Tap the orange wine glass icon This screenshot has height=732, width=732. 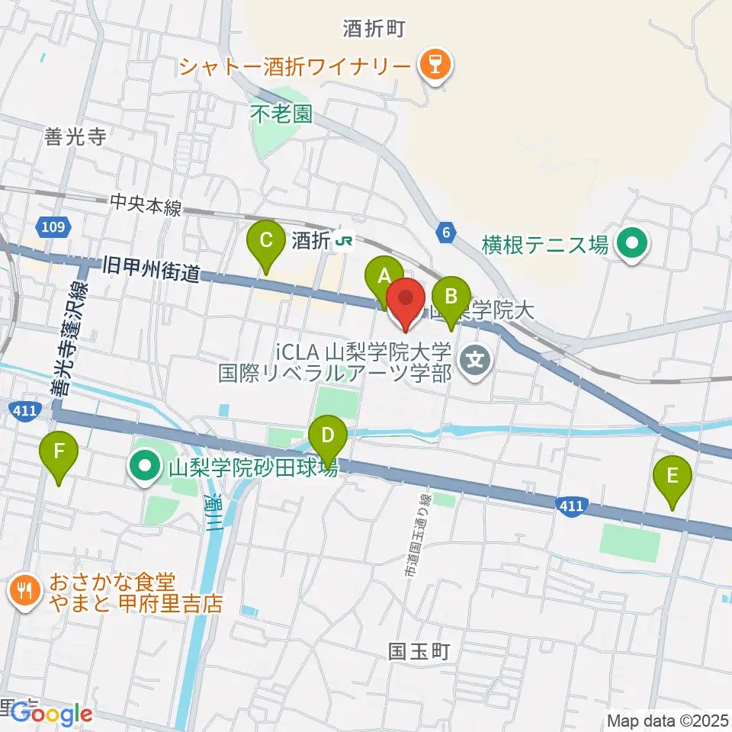tap(437, 66)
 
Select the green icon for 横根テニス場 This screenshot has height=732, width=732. tap(631, 245)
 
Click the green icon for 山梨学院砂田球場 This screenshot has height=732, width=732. tap(143, 466)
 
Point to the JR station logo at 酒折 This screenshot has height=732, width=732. tap(345, 242)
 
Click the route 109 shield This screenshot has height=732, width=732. tap(53, 226)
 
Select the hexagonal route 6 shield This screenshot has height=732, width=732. tap(446, 233)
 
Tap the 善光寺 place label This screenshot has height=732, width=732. tap(75, 136)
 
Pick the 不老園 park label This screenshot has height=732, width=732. tap(281, 114)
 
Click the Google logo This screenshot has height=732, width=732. tap(52, 714)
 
